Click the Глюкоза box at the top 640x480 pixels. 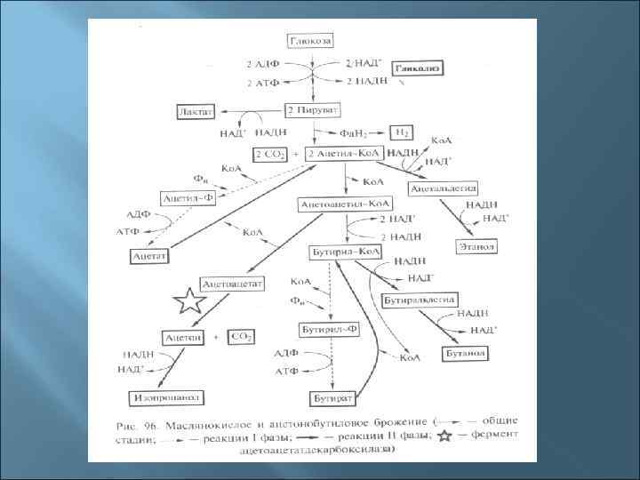point(310,43)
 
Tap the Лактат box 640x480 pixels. point(196,111)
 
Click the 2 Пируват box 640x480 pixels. point(311,110)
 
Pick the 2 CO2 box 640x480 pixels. point(271,154)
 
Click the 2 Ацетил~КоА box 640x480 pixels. point(343,154)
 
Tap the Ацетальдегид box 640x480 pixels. point(444,188)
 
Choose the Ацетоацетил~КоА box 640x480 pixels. point(342,204)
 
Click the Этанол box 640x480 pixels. point(476,245)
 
